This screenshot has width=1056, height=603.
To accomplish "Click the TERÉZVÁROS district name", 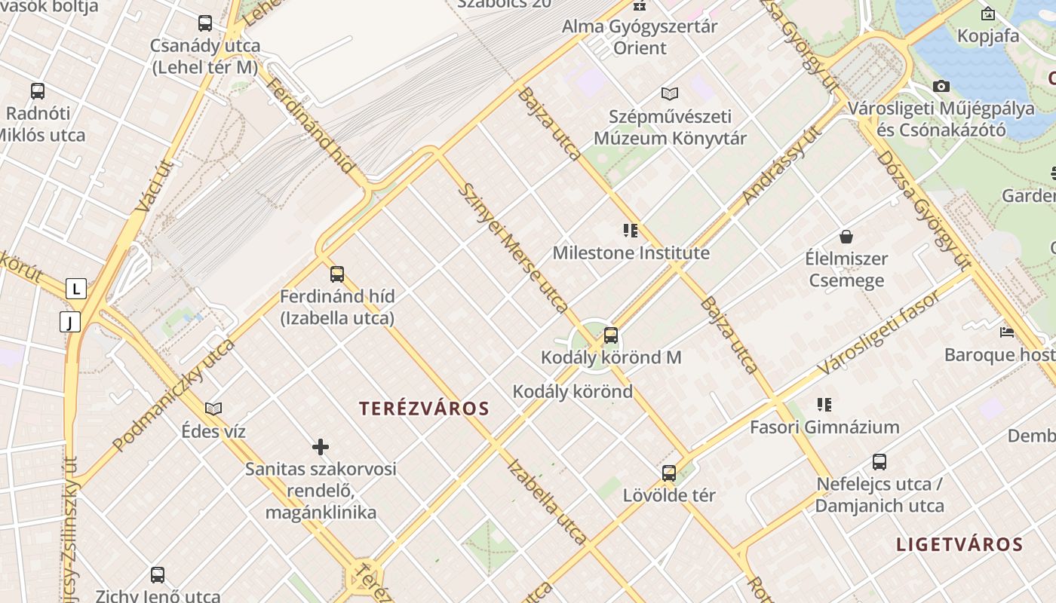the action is pyautogui.click(x=424, y=409).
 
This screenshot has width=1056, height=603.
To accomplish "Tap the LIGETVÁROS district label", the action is pyautogui.click(x=959, y=544).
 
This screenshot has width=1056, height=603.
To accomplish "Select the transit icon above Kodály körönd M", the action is pyautogui.click(x=611, y=335).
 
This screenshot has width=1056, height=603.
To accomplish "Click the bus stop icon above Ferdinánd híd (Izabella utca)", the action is pyautogui.click(x=337, y=274).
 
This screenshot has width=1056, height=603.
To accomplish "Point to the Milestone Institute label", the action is pyautogui.click(x=631, y=253).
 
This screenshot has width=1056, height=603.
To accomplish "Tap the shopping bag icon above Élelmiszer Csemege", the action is pyautogui.click(x=847, y=237).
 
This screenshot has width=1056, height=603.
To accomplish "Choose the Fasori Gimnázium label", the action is pyautogui.click(x=824, y=427).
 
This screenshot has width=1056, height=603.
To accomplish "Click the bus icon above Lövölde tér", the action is pyautogui.click(x=669, y=473).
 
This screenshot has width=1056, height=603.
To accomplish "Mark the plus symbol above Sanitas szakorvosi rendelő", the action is pyautogui.click(x=321, y=447).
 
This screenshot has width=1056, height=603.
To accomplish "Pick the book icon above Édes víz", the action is pyautogui.click(x=213, y=409).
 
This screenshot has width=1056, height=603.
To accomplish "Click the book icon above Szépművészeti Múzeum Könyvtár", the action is pyautogui.click(x=670, y=94).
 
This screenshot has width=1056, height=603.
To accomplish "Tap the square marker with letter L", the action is pyautogui.click(x=76, y=289).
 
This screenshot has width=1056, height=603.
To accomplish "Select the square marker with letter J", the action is pyautogui.click(x=70, y=323).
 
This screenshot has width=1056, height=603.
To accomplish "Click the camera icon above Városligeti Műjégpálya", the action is pyautogui.click(x=941, y=87).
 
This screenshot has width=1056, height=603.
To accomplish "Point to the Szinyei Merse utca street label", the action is pyautogui.click(x=513, y=247).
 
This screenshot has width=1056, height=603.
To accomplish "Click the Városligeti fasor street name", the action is pyautogui.click(x=880, y=332).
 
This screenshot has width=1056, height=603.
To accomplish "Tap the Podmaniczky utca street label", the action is pyautogui.click(x=173, y=396).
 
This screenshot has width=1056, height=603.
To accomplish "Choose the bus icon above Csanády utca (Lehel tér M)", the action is pyautogui.click(x=205, y=23).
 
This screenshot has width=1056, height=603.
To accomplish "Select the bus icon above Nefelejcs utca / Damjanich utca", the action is pyautogui.click(x=879, y=462).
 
